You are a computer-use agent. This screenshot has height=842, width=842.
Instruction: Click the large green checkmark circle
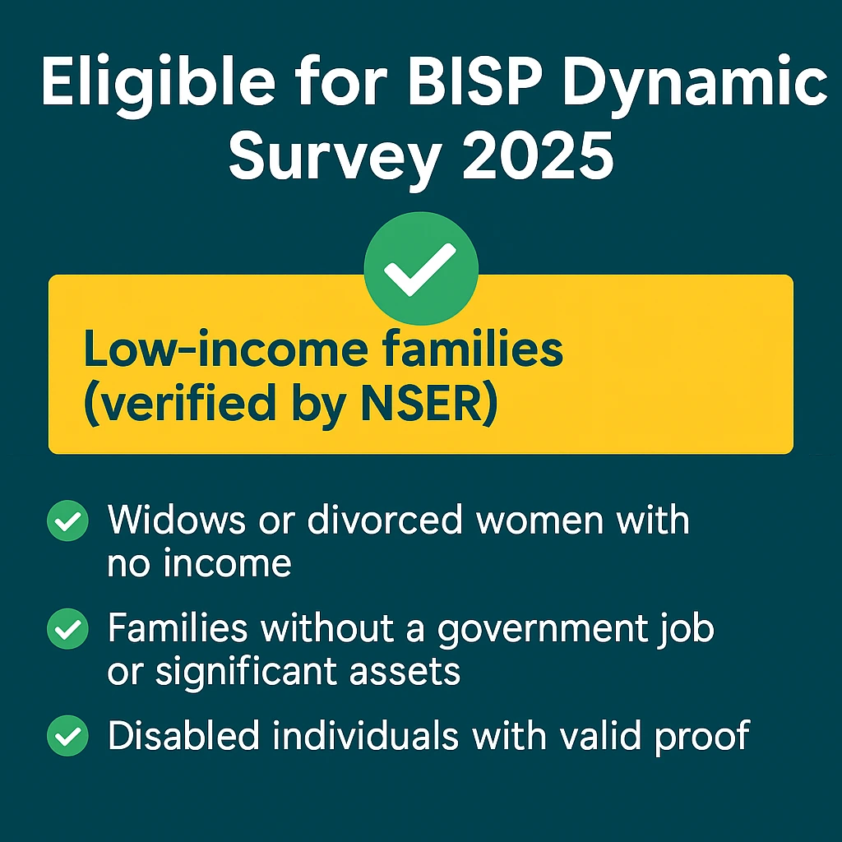[421, 268]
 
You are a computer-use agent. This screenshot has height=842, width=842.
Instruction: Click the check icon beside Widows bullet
[67, 520]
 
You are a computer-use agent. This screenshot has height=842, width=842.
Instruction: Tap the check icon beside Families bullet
[67, 628]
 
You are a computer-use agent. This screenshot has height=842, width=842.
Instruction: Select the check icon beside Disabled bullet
[67, 736]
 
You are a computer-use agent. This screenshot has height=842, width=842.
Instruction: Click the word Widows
[177, 520]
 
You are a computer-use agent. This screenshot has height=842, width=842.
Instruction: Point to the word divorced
[385, 520]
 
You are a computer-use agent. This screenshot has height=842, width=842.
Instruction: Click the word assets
[405, 672]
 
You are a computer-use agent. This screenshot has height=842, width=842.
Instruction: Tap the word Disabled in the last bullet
[184, 735]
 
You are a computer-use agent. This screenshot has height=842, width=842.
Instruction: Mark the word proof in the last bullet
[702, 738]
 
